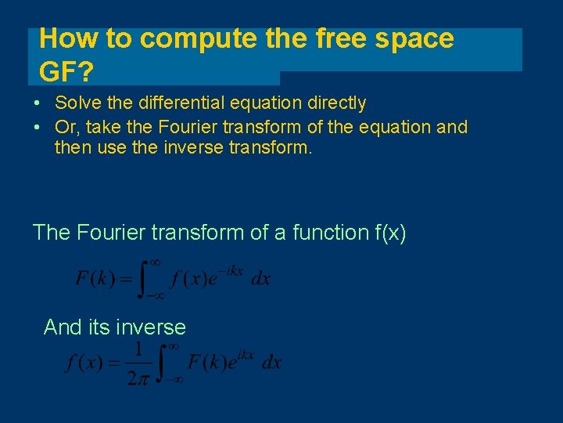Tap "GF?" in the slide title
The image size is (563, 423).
(66, 73)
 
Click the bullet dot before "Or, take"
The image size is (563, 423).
(38, 127)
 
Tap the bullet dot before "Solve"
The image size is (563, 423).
(38, 103)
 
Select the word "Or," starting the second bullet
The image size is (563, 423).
(66, 127)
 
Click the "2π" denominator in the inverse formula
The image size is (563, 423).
(138, 378)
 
